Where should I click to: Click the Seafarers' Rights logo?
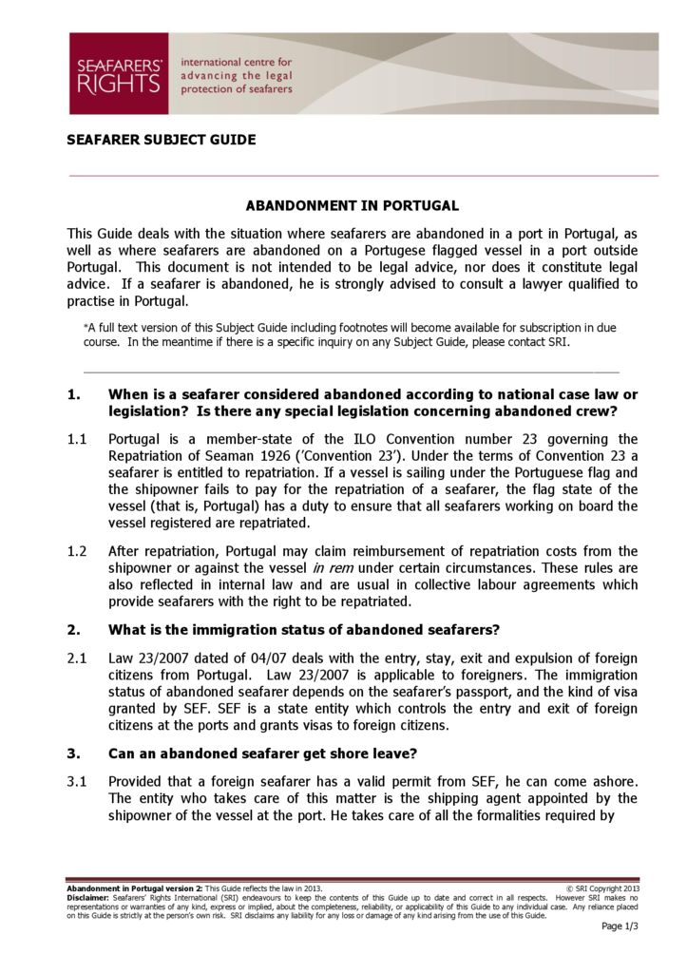tap(119, 73)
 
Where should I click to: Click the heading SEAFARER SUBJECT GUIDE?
tap(161, 140)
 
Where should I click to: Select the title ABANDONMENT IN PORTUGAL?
tap(352, 205)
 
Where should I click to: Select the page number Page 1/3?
tap(620, 927)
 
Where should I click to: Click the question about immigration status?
tap(304, 630)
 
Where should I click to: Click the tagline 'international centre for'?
tap(242, 62)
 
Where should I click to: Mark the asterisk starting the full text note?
tap(86, 326)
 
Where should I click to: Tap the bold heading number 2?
tap(73, 630)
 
